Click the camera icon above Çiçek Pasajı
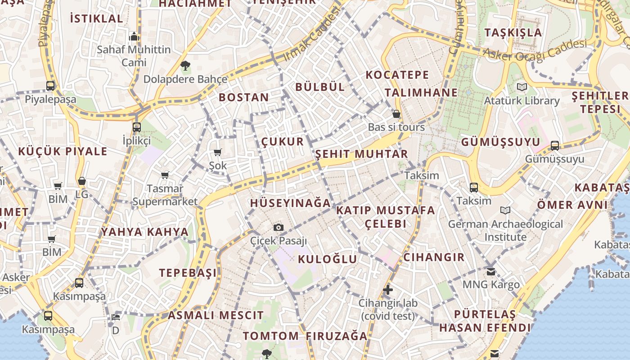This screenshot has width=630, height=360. click(x=279, y=227)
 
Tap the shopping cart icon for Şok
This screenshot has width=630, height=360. click(x=218, y=152)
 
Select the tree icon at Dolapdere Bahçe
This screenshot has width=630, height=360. click(x=185, y=66)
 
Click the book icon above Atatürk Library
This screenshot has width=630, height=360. click(x=522, y=87)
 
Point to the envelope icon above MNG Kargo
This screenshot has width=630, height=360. click(x=491, y=271)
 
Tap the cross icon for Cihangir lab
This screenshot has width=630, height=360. click(x=388, y=290)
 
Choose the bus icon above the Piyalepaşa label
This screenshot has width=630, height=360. click(x=50, y=85)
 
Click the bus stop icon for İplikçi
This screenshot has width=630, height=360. click(x=137, y=127)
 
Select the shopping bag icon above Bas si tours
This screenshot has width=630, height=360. click(x=396, y=114)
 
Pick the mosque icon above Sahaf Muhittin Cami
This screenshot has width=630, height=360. click(x=134, y=36)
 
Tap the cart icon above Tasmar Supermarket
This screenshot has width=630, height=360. click(x=165, y=175)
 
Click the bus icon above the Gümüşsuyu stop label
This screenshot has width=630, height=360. click(x=555, y=145)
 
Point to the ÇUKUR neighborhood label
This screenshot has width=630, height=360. click(x=283, y=142)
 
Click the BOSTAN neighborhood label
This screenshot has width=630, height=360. click(x=244, y=97)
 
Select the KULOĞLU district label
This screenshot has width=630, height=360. click(x=327, y=259)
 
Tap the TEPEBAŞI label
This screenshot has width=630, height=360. click(x=188, y=273)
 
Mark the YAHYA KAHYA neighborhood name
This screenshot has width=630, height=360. click(x=144, y=232)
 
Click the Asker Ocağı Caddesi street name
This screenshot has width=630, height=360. click(x=535, y=50)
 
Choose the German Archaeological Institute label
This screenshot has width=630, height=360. click(x=505, y=230)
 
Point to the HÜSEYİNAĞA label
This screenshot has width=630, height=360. click(x=290, y=203)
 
